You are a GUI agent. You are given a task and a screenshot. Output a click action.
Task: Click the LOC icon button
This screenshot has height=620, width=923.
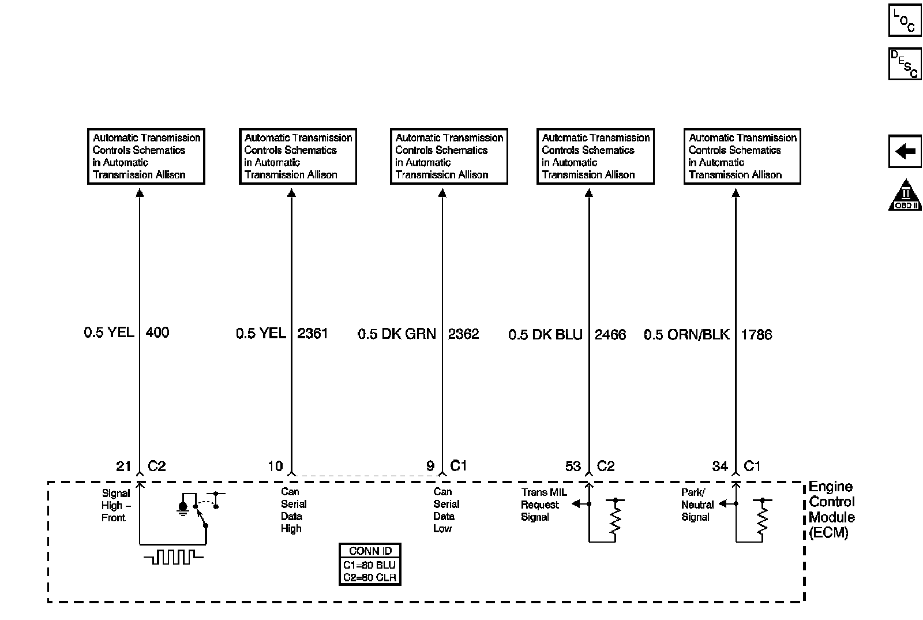(x=904, y=20)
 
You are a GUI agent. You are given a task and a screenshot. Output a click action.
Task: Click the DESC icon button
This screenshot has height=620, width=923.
(x=904, y=64)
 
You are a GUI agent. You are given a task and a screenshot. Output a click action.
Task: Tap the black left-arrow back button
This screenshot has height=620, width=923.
(x=905, y=152)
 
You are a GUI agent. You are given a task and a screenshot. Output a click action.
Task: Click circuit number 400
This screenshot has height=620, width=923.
(x=157, y=333)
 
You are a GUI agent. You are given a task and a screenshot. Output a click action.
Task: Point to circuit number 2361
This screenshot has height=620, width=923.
(x=312, y=334)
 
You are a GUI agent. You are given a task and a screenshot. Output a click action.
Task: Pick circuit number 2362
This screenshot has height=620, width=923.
(x=463, y=334)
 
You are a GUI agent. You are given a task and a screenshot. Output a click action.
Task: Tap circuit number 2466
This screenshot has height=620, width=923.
(x=610, y=335)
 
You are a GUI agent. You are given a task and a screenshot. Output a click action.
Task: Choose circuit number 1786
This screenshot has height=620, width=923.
(x=756, y=335)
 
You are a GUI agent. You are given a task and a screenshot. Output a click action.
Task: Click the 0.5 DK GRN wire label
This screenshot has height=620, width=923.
(x=397, y=334)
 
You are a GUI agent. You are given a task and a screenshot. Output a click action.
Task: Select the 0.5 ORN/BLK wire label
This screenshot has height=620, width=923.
(x=686, y=335)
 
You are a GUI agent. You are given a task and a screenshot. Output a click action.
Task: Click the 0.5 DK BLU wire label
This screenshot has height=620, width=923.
(x=545, y=335)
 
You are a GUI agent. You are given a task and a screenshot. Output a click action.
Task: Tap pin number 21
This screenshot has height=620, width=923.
(x=124, y=466)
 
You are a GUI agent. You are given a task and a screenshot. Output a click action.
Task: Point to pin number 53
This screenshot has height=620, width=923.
(x=573, y=466)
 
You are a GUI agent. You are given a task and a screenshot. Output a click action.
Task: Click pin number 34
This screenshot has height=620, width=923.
(x=720, y=466)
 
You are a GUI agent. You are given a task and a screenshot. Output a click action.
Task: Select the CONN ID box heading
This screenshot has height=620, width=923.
(x=370, y=551)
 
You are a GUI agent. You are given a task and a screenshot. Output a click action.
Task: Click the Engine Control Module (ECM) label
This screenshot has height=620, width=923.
(x=831, y=510)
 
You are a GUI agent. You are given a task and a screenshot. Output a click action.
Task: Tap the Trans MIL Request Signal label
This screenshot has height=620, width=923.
(x=543, y=505)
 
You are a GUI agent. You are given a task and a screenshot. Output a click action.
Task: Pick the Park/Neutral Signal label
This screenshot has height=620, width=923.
(x=697, y=505)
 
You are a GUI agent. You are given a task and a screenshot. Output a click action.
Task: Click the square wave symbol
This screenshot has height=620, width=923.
(x=174, y=557)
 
